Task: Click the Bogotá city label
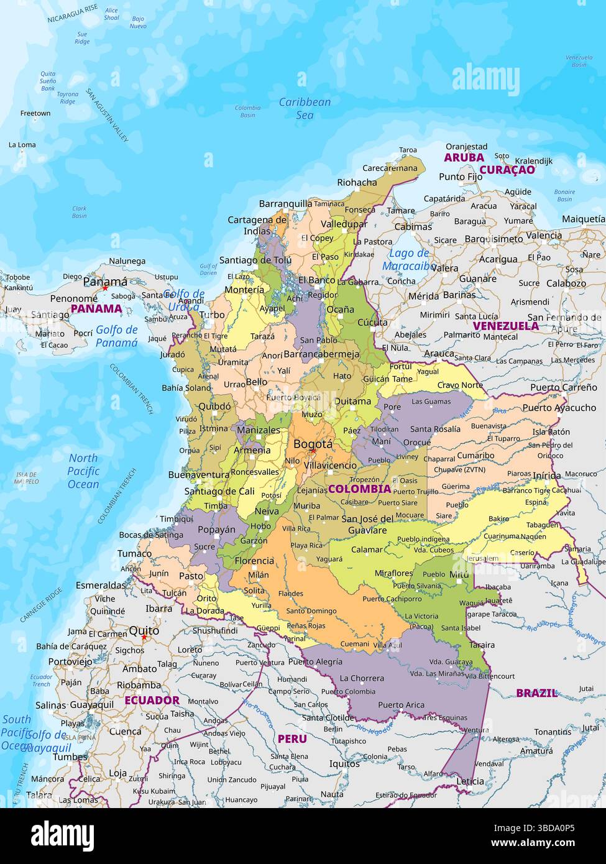click(313, 444)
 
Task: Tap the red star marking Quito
click(144, 637)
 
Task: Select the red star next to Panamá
click(105, 288)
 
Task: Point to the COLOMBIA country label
click(359, 489)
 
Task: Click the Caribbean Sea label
click(305, 108)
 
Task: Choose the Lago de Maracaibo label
click(408, 259)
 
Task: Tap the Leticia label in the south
click(470, 781)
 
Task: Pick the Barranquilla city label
click(285, 203)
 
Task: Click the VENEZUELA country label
click(506, 326)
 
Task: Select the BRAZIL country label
click(537, 692)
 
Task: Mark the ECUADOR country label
click(152, 700)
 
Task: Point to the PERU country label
click(292, 738)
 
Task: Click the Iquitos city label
click(344, 763)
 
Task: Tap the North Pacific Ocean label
click(83, 471)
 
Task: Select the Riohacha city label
click(357, 182)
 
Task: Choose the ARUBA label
click(464, 158)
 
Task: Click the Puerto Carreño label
click(563, 387)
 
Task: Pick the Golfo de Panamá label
click(117, 336)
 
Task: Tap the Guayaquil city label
click(91, 705)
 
